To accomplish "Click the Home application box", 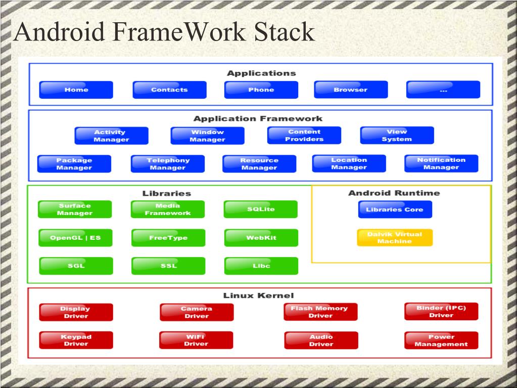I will [x=76, y=90].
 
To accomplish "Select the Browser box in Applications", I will [x=351, y=90].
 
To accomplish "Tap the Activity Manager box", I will [x=111, y=136].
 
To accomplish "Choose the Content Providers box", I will [x=304, y=136].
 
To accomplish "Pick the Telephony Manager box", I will [x=168, y=164].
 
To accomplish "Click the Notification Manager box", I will [x=441, y=163].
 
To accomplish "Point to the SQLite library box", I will [x=261, y=209].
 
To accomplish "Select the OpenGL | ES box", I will [x=75, y=238].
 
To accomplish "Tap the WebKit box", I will [x=261, y=238].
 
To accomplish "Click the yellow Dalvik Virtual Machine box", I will [x=395, y=238].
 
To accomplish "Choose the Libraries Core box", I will [x=395, y=209].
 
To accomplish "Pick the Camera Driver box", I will [x=197, y=312].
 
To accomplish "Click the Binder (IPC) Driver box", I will [x=441, y=312].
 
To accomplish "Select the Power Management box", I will [x=441, y=340].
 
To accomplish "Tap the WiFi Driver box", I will [x=196, y=340].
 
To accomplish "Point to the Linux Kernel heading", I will [x=258, y=295].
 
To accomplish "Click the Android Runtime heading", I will [x=394, y=193].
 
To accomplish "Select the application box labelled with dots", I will [x=443, y=90].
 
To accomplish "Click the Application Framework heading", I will [x=258, y=118].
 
